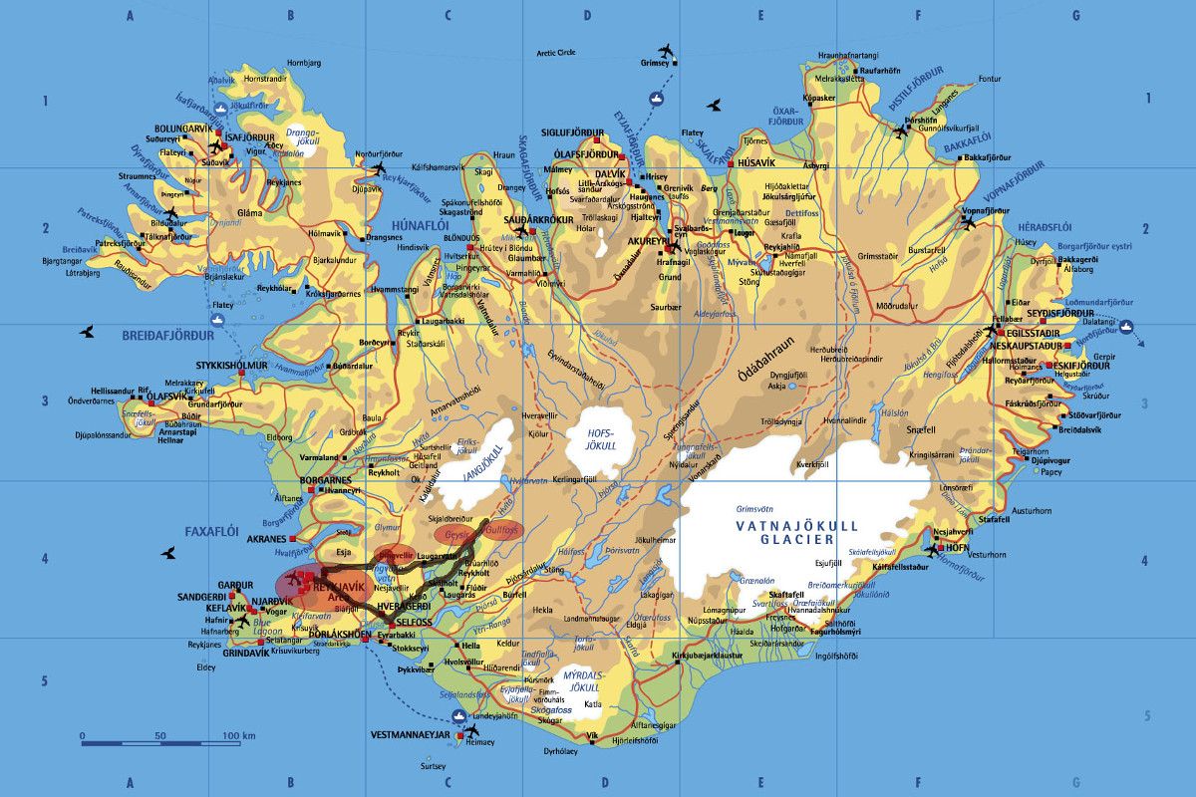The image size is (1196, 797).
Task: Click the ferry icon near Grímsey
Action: click(656, 98)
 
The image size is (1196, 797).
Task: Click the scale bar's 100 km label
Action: click(239, 735)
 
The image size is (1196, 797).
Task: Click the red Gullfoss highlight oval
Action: click(502, 531)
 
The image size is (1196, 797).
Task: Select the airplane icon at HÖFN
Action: click(932, 547)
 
